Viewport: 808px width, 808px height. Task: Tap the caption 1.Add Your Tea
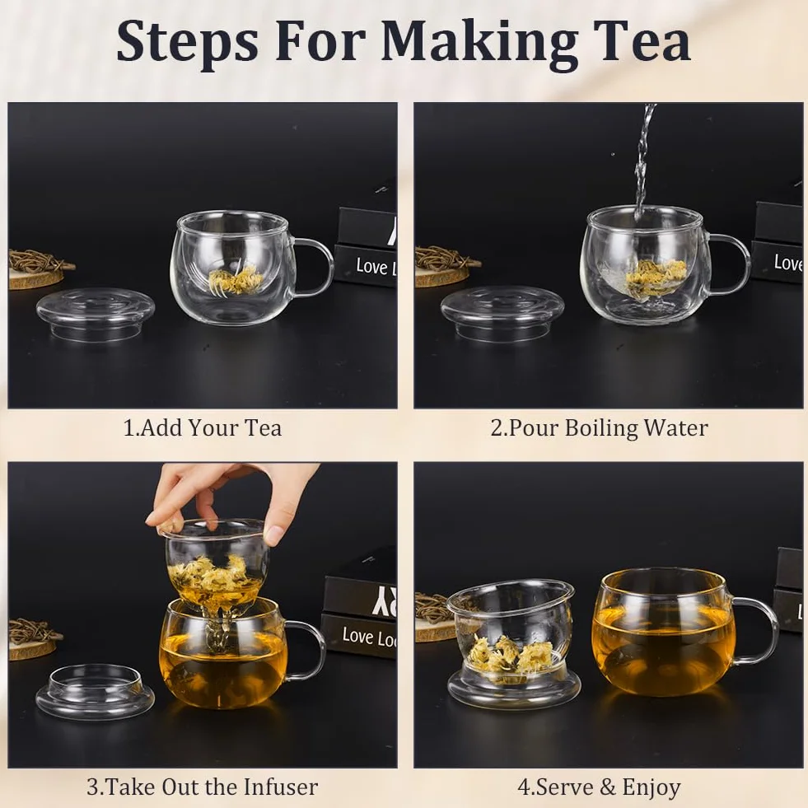coord(203,428)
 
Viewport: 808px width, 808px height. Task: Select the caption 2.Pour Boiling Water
coord(600,428)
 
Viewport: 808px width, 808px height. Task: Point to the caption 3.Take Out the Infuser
coord(203,787)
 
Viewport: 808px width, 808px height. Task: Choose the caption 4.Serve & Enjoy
coord(600,787)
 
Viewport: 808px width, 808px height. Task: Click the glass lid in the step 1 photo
coord(96,312)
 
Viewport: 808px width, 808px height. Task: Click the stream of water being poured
coord(643,160)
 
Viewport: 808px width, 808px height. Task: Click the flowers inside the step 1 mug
coord(236,280)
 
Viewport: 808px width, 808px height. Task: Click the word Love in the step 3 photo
coord(357,636)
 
